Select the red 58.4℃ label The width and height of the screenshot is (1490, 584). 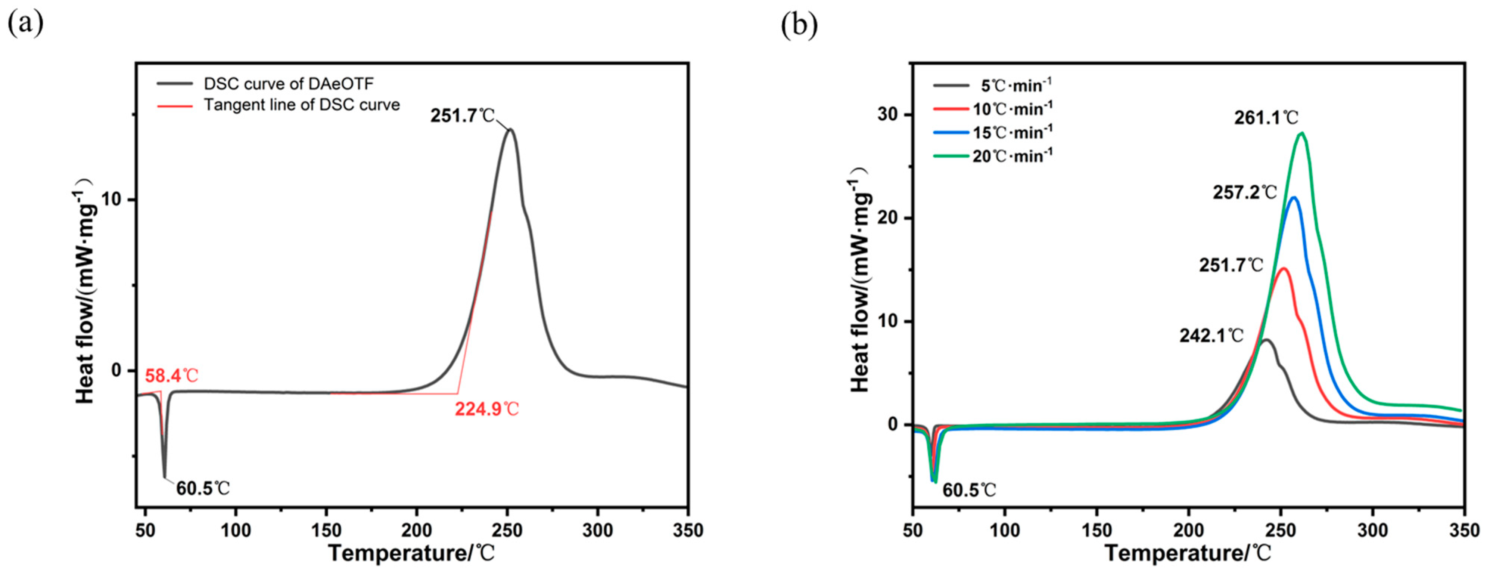[x=171, y=376]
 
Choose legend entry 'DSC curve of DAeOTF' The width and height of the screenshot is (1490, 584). [x=288, y=84]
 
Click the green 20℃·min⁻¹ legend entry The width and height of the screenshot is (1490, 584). [x=1012, y=156]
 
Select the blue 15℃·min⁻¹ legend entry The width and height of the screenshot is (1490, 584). [x=1012, y=133]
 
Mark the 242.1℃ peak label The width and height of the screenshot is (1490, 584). [x=1211, y=336]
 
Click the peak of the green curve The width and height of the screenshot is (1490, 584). [x=1302, y=133]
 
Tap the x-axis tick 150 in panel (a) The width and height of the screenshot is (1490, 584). [x=326, y=530]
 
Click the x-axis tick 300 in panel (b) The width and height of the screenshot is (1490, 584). [x=1372, y=530]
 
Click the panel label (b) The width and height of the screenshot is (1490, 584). [x=799, y=24]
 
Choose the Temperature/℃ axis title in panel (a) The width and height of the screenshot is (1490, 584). [x=412, y=553]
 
